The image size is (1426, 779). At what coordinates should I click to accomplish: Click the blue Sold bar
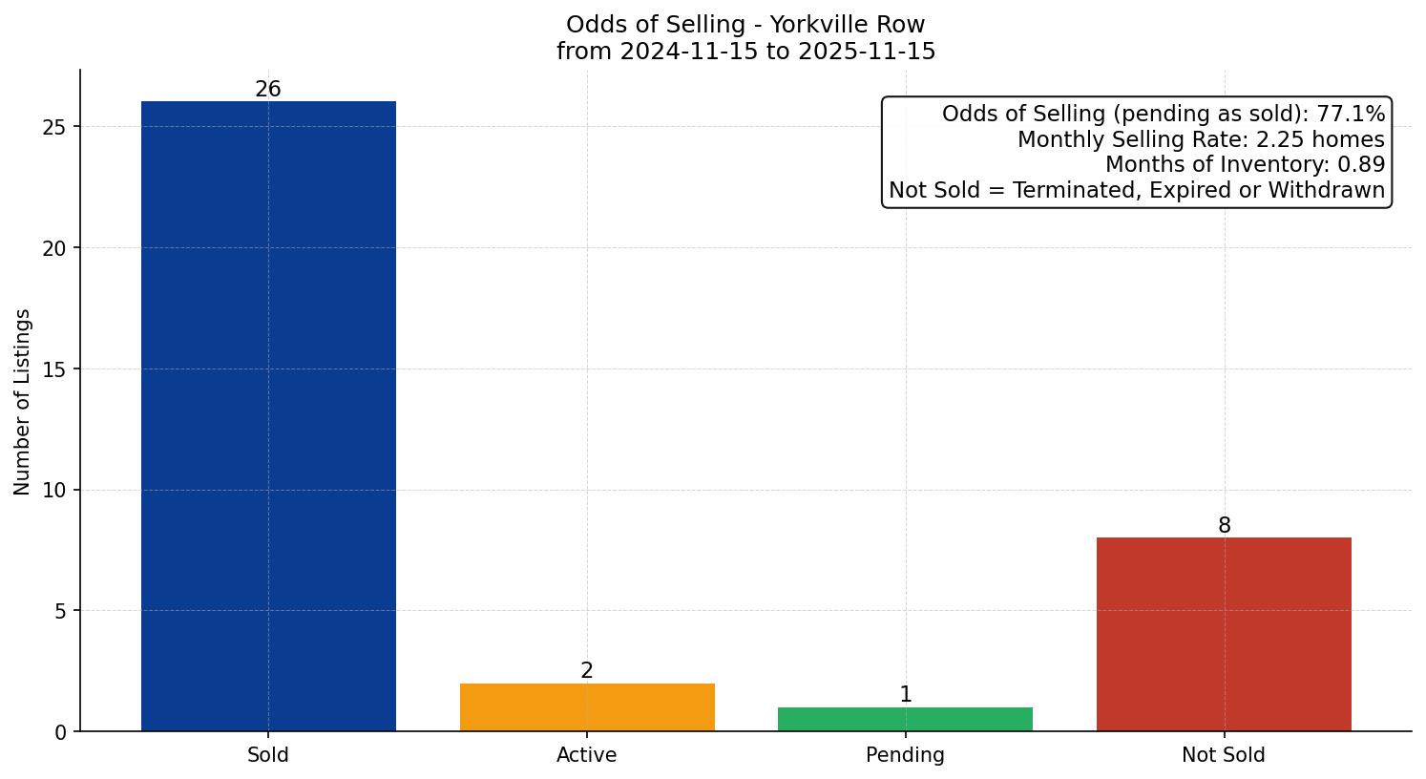268,416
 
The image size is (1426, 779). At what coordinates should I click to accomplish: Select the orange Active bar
587,707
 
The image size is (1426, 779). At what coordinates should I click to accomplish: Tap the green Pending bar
905,719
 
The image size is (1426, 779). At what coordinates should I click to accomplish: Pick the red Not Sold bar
1224,634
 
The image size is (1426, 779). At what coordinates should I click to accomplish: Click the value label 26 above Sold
268,90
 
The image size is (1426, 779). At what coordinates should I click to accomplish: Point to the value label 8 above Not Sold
1224,526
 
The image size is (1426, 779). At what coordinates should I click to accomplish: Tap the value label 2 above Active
587,671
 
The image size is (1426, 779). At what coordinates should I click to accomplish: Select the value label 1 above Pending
905,695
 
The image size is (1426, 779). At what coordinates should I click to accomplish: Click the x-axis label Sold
268,755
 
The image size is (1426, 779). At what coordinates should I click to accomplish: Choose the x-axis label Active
587,755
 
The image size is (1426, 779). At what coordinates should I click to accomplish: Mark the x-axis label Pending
905,755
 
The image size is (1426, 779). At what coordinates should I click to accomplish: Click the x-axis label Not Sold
1224,755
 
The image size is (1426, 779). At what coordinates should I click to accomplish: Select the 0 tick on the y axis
61,732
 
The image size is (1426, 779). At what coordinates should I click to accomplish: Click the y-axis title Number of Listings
23,402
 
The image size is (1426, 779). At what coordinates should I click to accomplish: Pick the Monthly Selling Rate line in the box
1201,139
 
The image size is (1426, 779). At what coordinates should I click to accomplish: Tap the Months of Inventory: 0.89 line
1245,165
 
